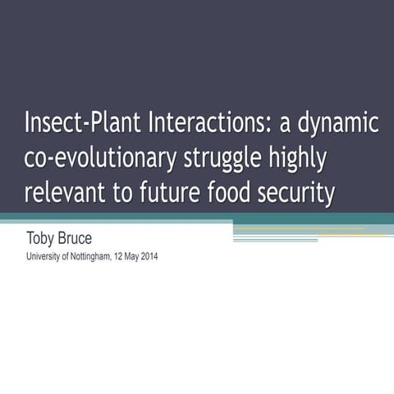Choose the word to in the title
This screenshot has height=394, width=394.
point(134,194)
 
